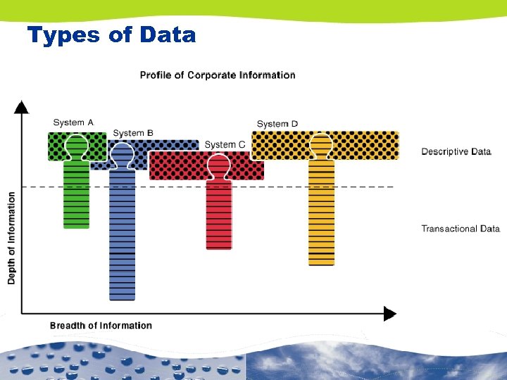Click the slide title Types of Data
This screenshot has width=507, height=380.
(x=111, y=34)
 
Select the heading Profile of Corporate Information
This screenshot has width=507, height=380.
(x=218, y=75)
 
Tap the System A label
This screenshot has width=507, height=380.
(x=74, y=122)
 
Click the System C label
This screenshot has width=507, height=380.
(x=225, y=144)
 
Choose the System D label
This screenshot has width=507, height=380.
(x=277, y=124)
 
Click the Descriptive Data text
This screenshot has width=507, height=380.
(x=456, y=151)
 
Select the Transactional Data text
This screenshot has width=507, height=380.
(x=461, y=228)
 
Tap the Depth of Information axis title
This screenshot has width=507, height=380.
(x=11, y=238)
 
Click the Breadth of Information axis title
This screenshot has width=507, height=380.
(x=101, y=325)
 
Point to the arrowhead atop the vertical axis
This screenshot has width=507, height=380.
(x=22, y=107)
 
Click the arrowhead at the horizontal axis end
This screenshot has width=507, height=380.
(x=389, y=313)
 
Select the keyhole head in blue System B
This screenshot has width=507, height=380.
(x=122, y=156)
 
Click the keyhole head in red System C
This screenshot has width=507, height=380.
(x=219, y=166)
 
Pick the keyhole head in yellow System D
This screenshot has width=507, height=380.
(x=321, y=146)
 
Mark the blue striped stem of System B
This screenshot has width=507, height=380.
(x=122, y=239)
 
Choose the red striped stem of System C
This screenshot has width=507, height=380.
(x=219, y=215)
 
